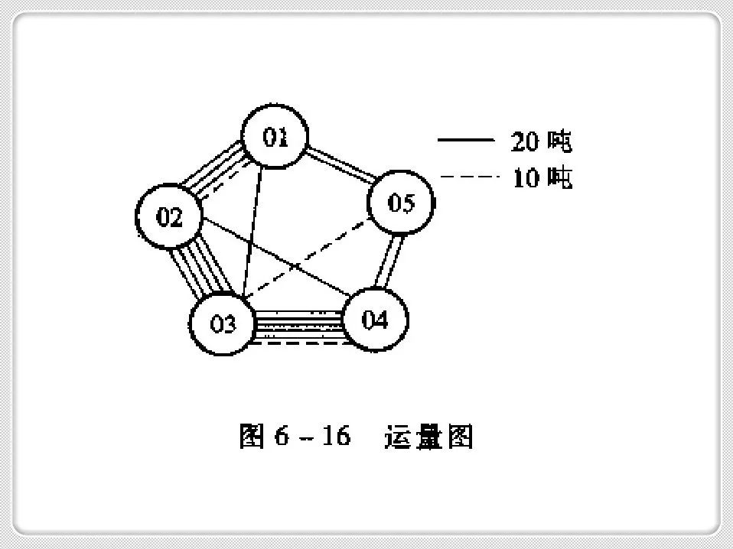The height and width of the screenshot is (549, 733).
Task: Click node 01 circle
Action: (275, 138)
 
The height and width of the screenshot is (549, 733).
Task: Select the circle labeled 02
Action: (169, 217)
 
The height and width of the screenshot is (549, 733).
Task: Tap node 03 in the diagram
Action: (223, 323)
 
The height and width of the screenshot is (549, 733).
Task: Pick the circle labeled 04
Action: (375, 320)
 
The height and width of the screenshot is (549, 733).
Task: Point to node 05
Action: (401, 203)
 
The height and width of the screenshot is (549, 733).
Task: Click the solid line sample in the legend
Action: (465, 141)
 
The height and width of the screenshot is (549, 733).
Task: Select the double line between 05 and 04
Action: (391, 261)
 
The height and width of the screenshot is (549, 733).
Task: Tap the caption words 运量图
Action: (428, 437)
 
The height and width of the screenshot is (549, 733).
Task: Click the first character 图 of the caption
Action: (252, 437)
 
